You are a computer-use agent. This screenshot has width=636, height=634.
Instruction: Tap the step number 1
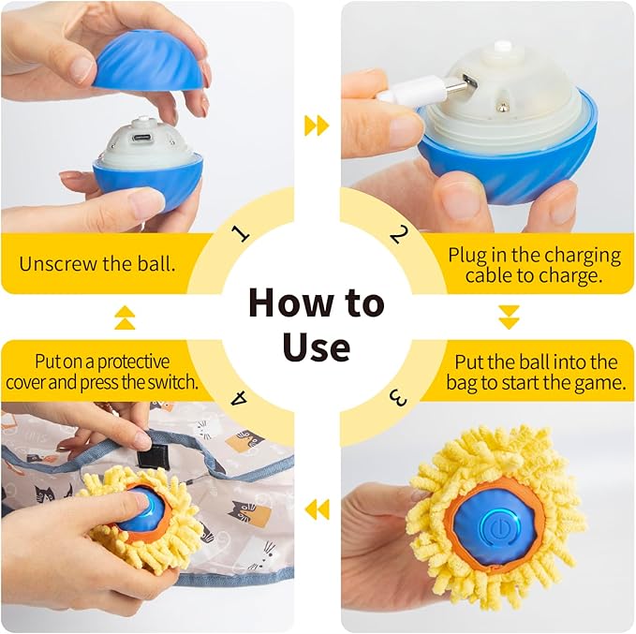pos(241,232)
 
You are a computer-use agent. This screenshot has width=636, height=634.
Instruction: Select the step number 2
pos(398,233)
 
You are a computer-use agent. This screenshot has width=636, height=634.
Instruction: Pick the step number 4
pos(240,398)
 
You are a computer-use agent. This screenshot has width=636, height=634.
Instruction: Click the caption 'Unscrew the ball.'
pos(97,262)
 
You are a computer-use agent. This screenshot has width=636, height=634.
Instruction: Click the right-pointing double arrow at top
pos(317,125)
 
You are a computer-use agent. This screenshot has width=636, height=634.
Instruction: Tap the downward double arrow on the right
pos(509,317)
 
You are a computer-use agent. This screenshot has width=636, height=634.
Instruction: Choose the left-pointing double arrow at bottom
pos(317,509)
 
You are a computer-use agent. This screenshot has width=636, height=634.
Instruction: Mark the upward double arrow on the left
pos(125,318)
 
